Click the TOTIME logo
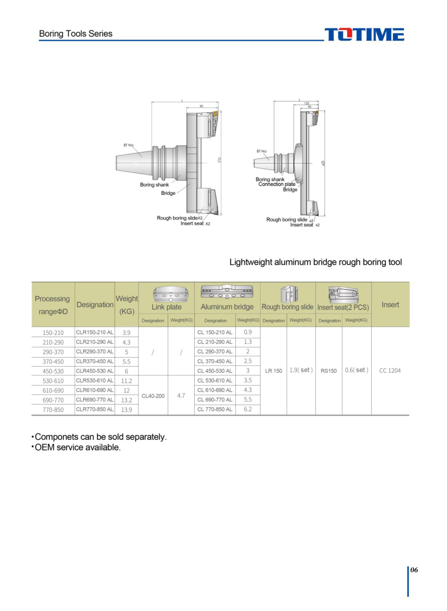tap(364, 35)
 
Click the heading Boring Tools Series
tap(76, 34)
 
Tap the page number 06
tap(414, 570)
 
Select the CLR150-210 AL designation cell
tap(95, 332)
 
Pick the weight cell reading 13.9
tap(126, 410)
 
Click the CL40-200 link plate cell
tap(153, 396)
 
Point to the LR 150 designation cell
tap(274, 371)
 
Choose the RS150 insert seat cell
tap(329, 371)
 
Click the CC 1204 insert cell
tap(390, 370)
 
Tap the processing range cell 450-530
tap(53, 371)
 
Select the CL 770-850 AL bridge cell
tap(215, 409)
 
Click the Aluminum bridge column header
tap(227, 307)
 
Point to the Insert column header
tap(390, 304)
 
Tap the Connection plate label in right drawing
tap(277, 184)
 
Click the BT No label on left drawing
tap(128, 145)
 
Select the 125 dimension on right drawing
tap(306, 103)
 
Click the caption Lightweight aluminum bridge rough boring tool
tap(315, 262)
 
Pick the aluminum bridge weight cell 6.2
tap(248, 409)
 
